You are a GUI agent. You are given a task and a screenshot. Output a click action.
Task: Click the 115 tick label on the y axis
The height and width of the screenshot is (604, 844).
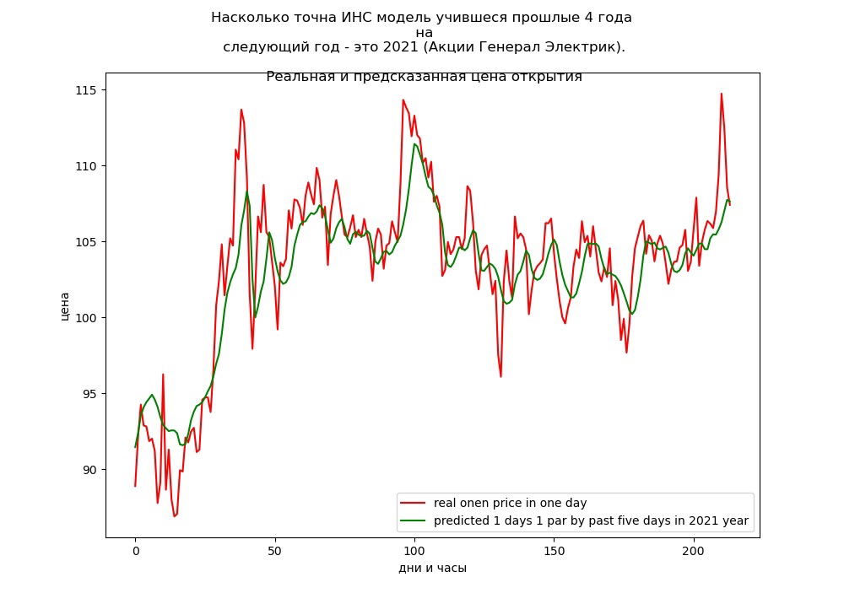[86, 90]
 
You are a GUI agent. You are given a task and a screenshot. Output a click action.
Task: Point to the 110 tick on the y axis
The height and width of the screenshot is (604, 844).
[86, 166]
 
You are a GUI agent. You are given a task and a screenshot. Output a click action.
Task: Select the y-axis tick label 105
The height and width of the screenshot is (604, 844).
[86, 242]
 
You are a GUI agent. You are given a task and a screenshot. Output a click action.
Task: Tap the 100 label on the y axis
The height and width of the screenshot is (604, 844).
[86, 318]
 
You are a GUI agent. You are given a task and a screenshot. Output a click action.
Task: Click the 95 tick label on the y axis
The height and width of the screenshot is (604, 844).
[90, 394]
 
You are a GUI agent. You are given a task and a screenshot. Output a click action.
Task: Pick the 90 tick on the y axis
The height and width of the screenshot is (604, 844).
[90, 470]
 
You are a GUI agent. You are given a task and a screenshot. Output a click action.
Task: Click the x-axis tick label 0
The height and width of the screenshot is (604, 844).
[136, 552]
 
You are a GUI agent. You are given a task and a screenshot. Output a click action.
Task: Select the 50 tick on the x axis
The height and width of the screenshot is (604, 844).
[274, 552]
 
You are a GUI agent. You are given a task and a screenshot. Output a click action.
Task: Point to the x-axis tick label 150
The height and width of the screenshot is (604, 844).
[554, 552]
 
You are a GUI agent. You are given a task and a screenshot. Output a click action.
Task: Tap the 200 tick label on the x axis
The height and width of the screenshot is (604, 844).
[693, 552]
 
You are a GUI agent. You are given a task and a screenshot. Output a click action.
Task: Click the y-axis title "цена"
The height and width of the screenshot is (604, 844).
[65, 306]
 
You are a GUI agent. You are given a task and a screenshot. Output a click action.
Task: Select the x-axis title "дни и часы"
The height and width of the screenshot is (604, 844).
[433, 568]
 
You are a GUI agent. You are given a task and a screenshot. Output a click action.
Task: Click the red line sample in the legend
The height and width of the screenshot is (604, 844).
[413, 503]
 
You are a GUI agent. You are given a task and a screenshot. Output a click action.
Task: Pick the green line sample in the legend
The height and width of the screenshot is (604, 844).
[413, 520]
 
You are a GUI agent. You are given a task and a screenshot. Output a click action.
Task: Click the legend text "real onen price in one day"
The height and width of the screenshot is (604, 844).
[511, 503]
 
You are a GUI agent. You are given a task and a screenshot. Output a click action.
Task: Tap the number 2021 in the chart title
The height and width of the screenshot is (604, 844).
[400, 46]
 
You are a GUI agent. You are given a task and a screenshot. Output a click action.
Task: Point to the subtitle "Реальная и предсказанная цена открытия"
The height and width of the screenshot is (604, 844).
[425, 77]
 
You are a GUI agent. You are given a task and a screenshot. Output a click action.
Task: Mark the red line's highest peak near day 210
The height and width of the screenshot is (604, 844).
[722, 94]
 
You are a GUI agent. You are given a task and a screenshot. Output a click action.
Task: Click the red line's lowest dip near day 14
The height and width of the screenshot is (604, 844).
[175, 516]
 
